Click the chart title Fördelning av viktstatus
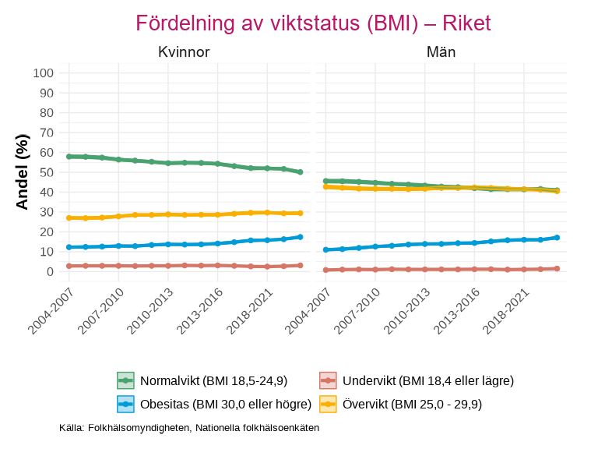coord(313,23)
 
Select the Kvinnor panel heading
coord(184,52)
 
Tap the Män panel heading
coord(441,52)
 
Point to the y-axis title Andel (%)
coord(23,171)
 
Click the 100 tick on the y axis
coord(44,73)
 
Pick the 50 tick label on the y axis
coord(47,172)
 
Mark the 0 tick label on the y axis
coord(50,271)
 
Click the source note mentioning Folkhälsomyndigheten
coord(189,428)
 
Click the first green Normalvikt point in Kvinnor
coord(69,157)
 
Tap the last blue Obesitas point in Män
coord(558,238)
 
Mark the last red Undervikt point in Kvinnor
coord(301,265)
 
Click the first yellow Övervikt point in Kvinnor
coord(69,217)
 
